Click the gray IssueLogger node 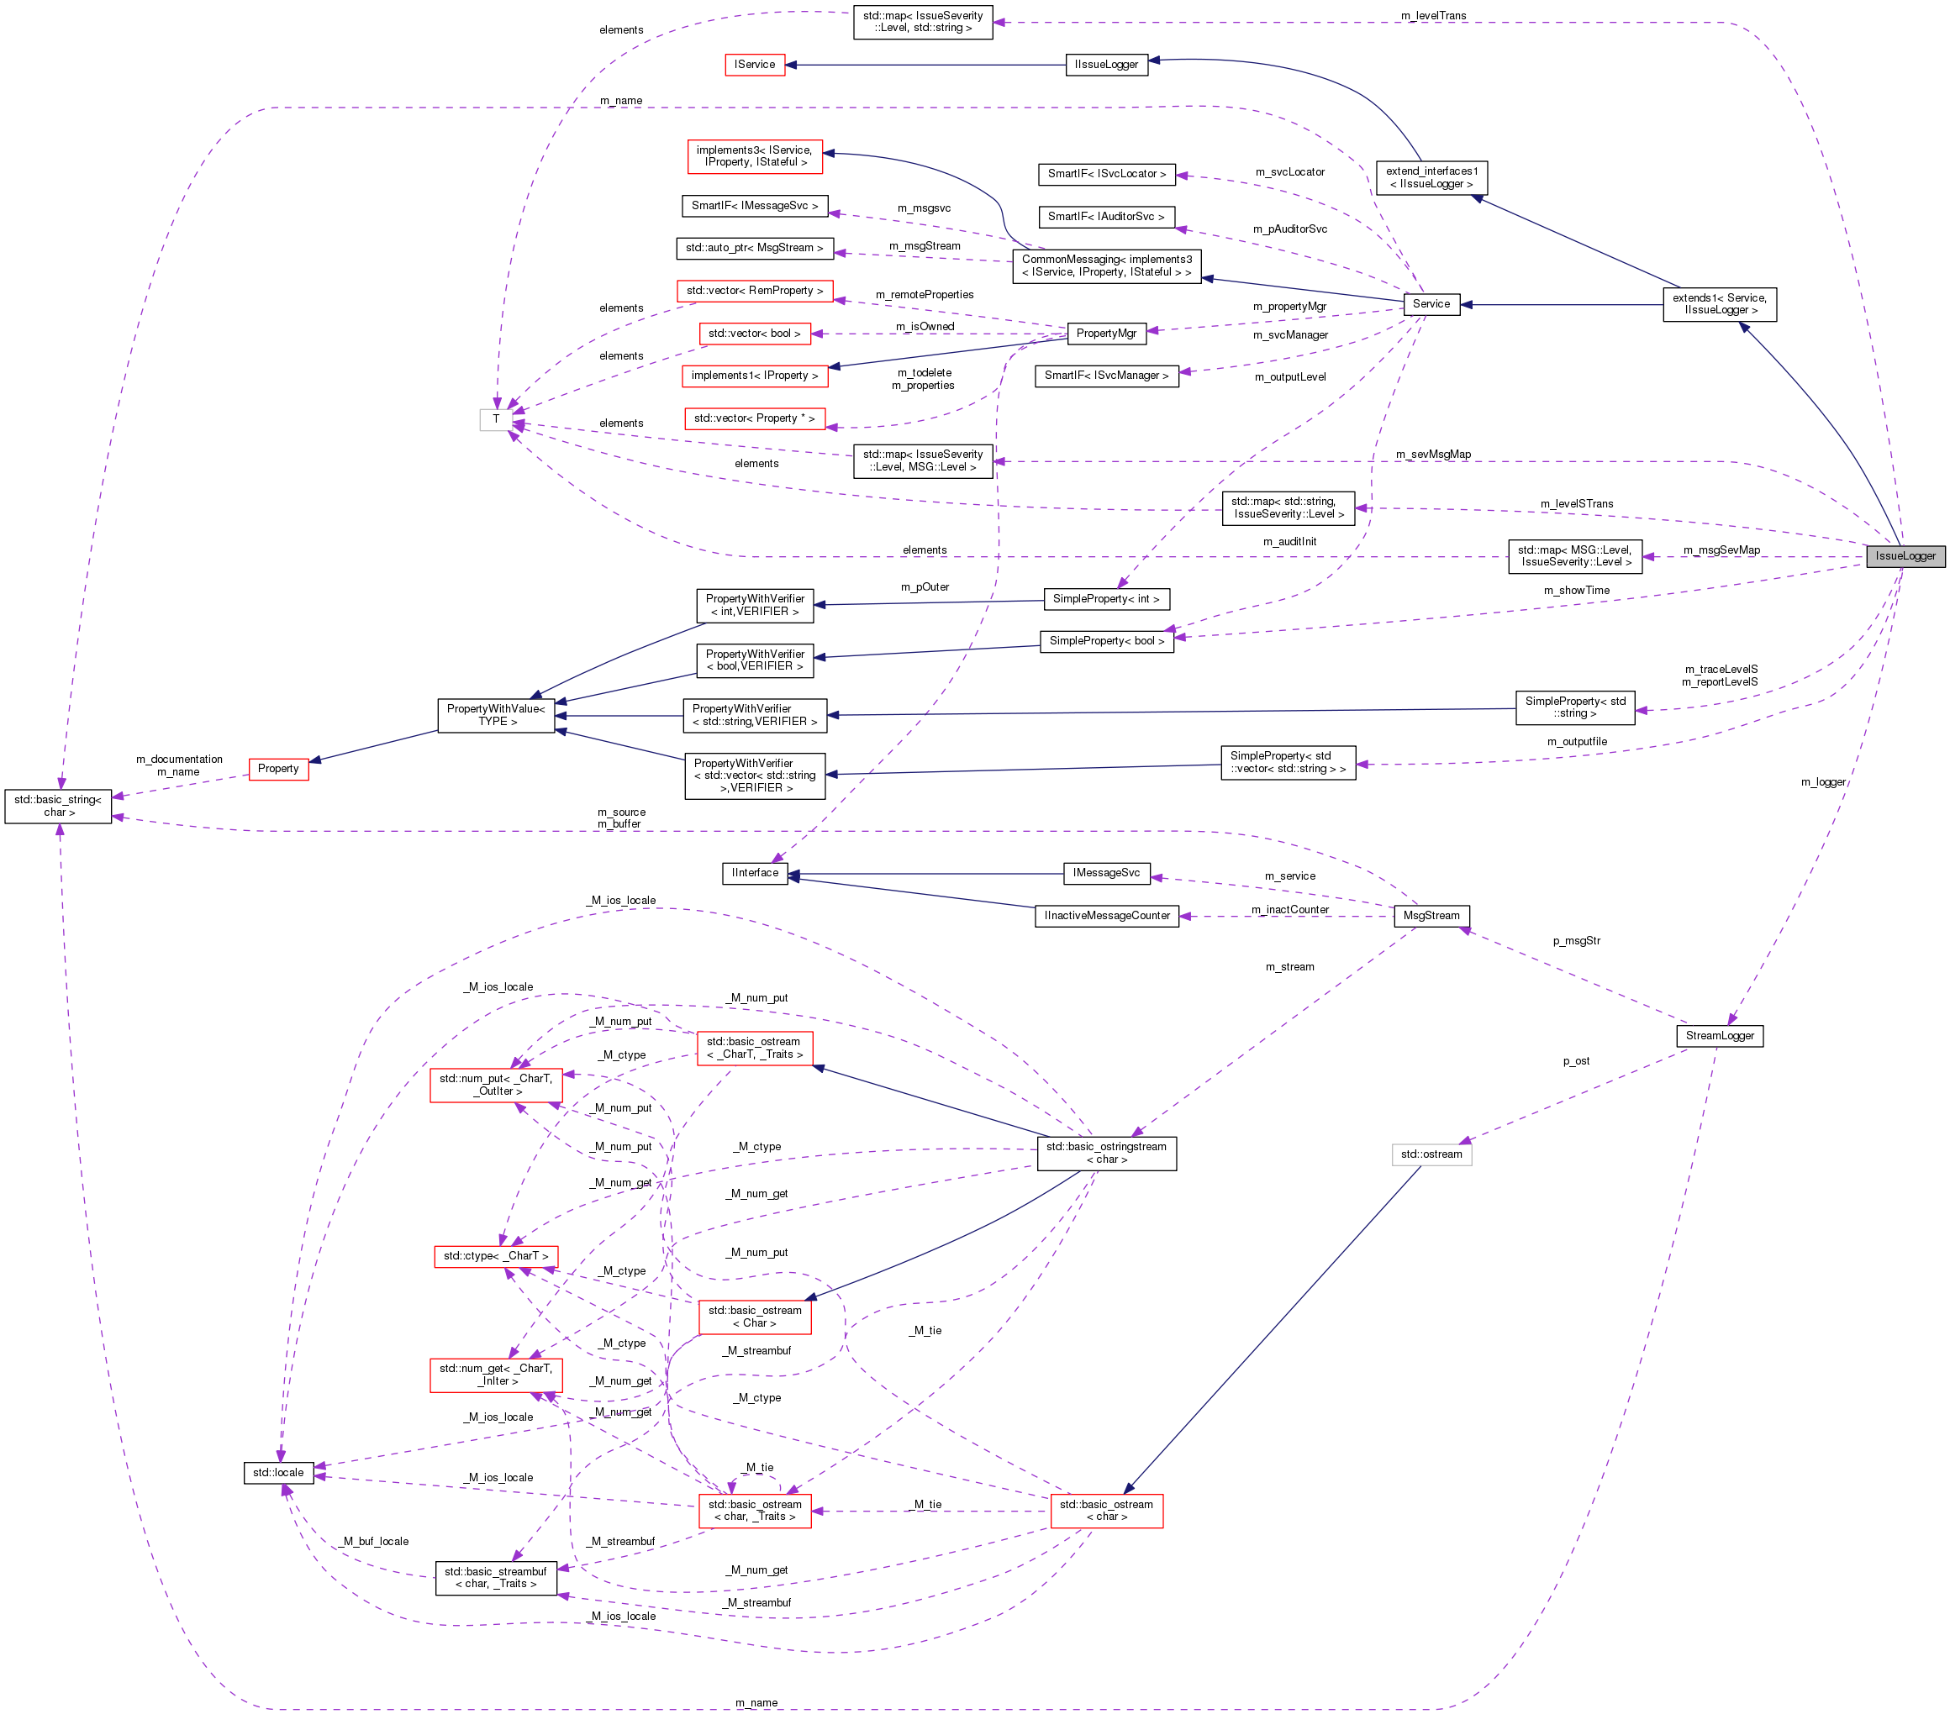tap(1905, 556)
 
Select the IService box tap(755, 65)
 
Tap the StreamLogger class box tap(1719, 1036)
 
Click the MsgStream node tap(1431, 916)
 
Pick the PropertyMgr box tap(1105, 333)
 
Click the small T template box tap(495, 418)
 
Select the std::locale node tap(277, 1473)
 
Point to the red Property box tap(277, 769)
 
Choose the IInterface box tap(755, 873)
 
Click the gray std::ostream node tap(1431, 1154)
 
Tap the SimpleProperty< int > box tap(1105, 599)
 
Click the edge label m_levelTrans tap(1433, 15)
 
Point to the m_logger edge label tap(1822, 782)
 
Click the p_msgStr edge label tap(1576, 940)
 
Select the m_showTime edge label tap(1576, 591)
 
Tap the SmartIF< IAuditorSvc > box tap(1105, 217)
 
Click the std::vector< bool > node tap(754, 333)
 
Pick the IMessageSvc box tap(1105, 873)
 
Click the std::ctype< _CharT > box tap(495, 1256)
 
